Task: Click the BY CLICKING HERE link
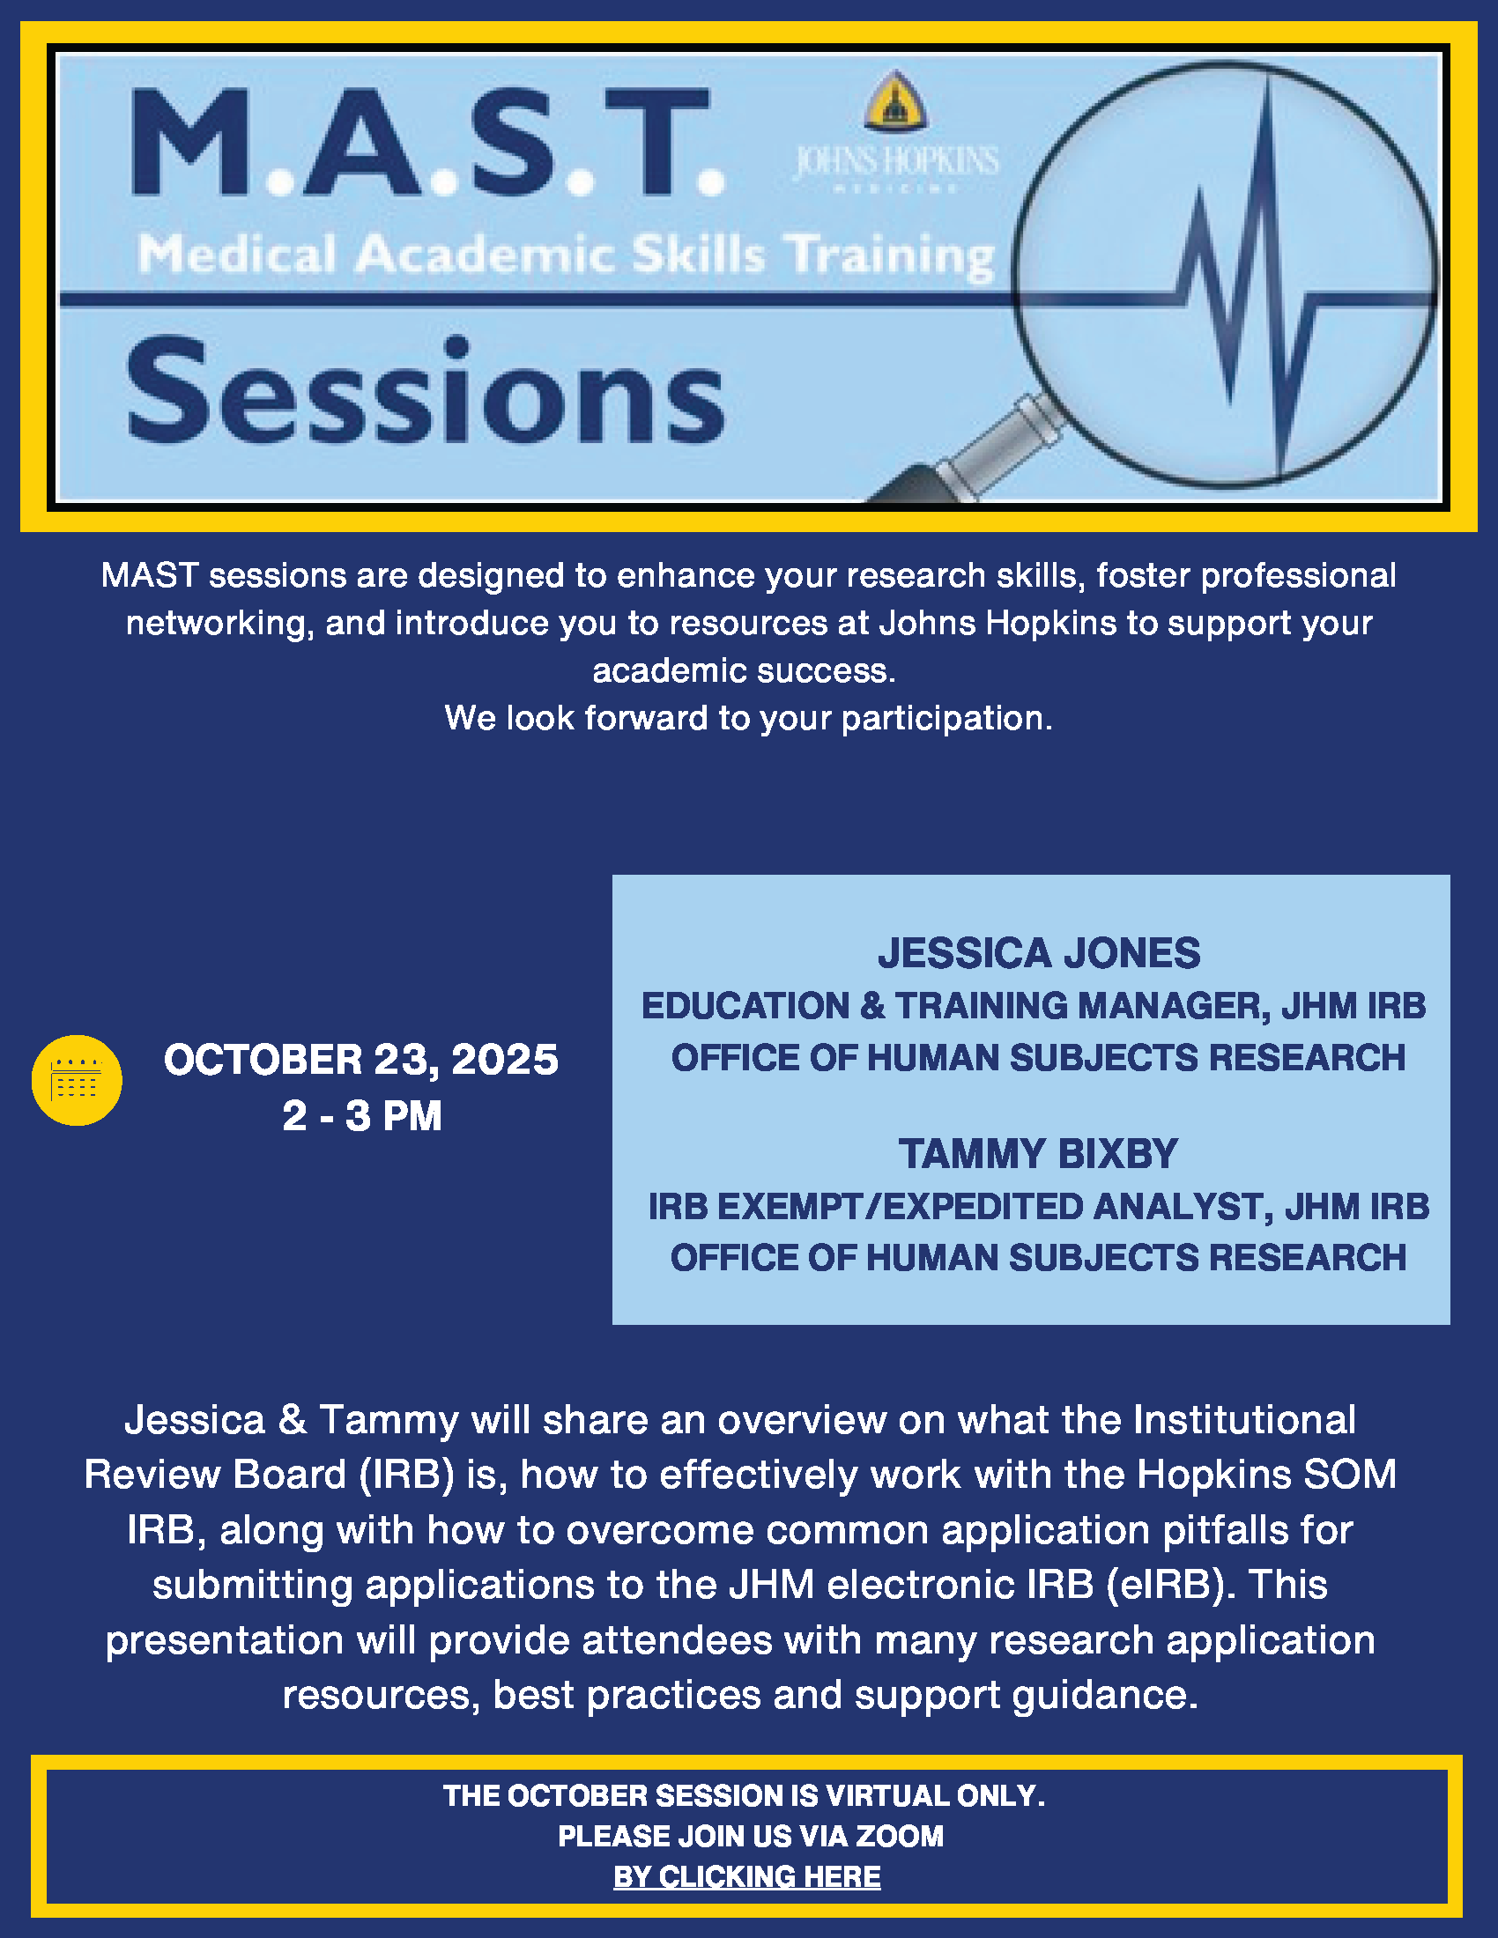point(747,1876)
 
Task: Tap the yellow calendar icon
point(78,1080)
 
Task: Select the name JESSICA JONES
point(1039,953)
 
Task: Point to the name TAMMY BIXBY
point(1038,1154)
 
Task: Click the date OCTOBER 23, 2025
point(361,1061)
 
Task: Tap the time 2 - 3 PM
point(362,1115)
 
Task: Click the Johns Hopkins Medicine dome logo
point(896,101)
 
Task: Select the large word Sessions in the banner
point(426,391)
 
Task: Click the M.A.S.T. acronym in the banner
point(427,143)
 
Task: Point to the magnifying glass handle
point(968,452)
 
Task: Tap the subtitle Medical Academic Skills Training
point(567,255)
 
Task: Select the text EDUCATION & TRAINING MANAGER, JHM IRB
point(1034,1006)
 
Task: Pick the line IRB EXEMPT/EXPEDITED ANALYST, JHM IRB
point(1039,1207)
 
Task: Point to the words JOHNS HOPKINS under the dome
point(896,160)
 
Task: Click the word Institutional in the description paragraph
point(1244,1420)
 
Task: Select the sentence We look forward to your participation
point(749,718)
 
